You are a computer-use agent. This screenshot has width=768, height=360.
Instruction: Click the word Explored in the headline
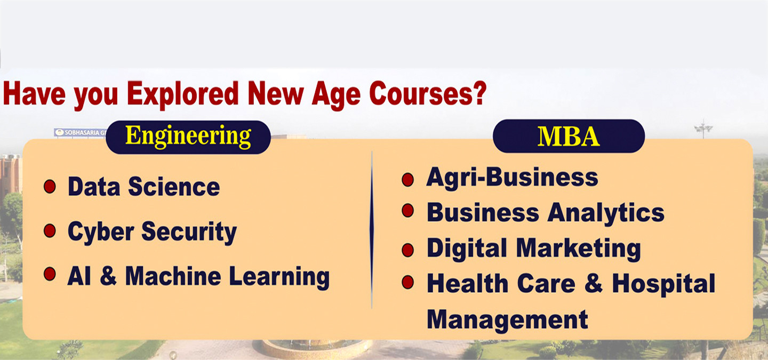[183, 94]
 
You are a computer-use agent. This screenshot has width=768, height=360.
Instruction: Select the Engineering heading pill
[188, 137]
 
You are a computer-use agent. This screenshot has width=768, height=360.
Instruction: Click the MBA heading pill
[569, 136]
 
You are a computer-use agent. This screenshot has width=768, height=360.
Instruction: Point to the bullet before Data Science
[50, 187]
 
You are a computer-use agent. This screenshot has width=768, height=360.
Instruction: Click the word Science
[174, 187]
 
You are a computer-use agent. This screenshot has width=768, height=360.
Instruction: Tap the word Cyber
[101, 232]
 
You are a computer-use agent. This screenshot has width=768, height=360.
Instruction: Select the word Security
[189, 232]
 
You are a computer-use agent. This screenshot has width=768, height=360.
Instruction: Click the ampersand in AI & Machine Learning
[108, 276]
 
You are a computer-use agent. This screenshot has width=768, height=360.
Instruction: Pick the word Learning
[279, 277]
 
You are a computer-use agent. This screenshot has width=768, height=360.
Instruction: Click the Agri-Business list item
[512, 178]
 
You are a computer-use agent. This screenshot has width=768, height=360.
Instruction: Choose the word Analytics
[606, 213]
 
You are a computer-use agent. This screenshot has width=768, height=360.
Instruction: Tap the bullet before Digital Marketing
[407, 250]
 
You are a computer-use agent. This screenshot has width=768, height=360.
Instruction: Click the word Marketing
[578, 249]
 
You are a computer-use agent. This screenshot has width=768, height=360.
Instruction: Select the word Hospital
[664, 284]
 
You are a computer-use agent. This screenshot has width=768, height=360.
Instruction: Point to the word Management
[507, 319]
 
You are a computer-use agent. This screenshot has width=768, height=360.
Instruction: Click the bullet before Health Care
[407, 282]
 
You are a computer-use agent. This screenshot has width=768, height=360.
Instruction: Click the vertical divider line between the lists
[372, 230]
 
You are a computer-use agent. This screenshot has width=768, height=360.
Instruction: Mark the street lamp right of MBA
[703, 130]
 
